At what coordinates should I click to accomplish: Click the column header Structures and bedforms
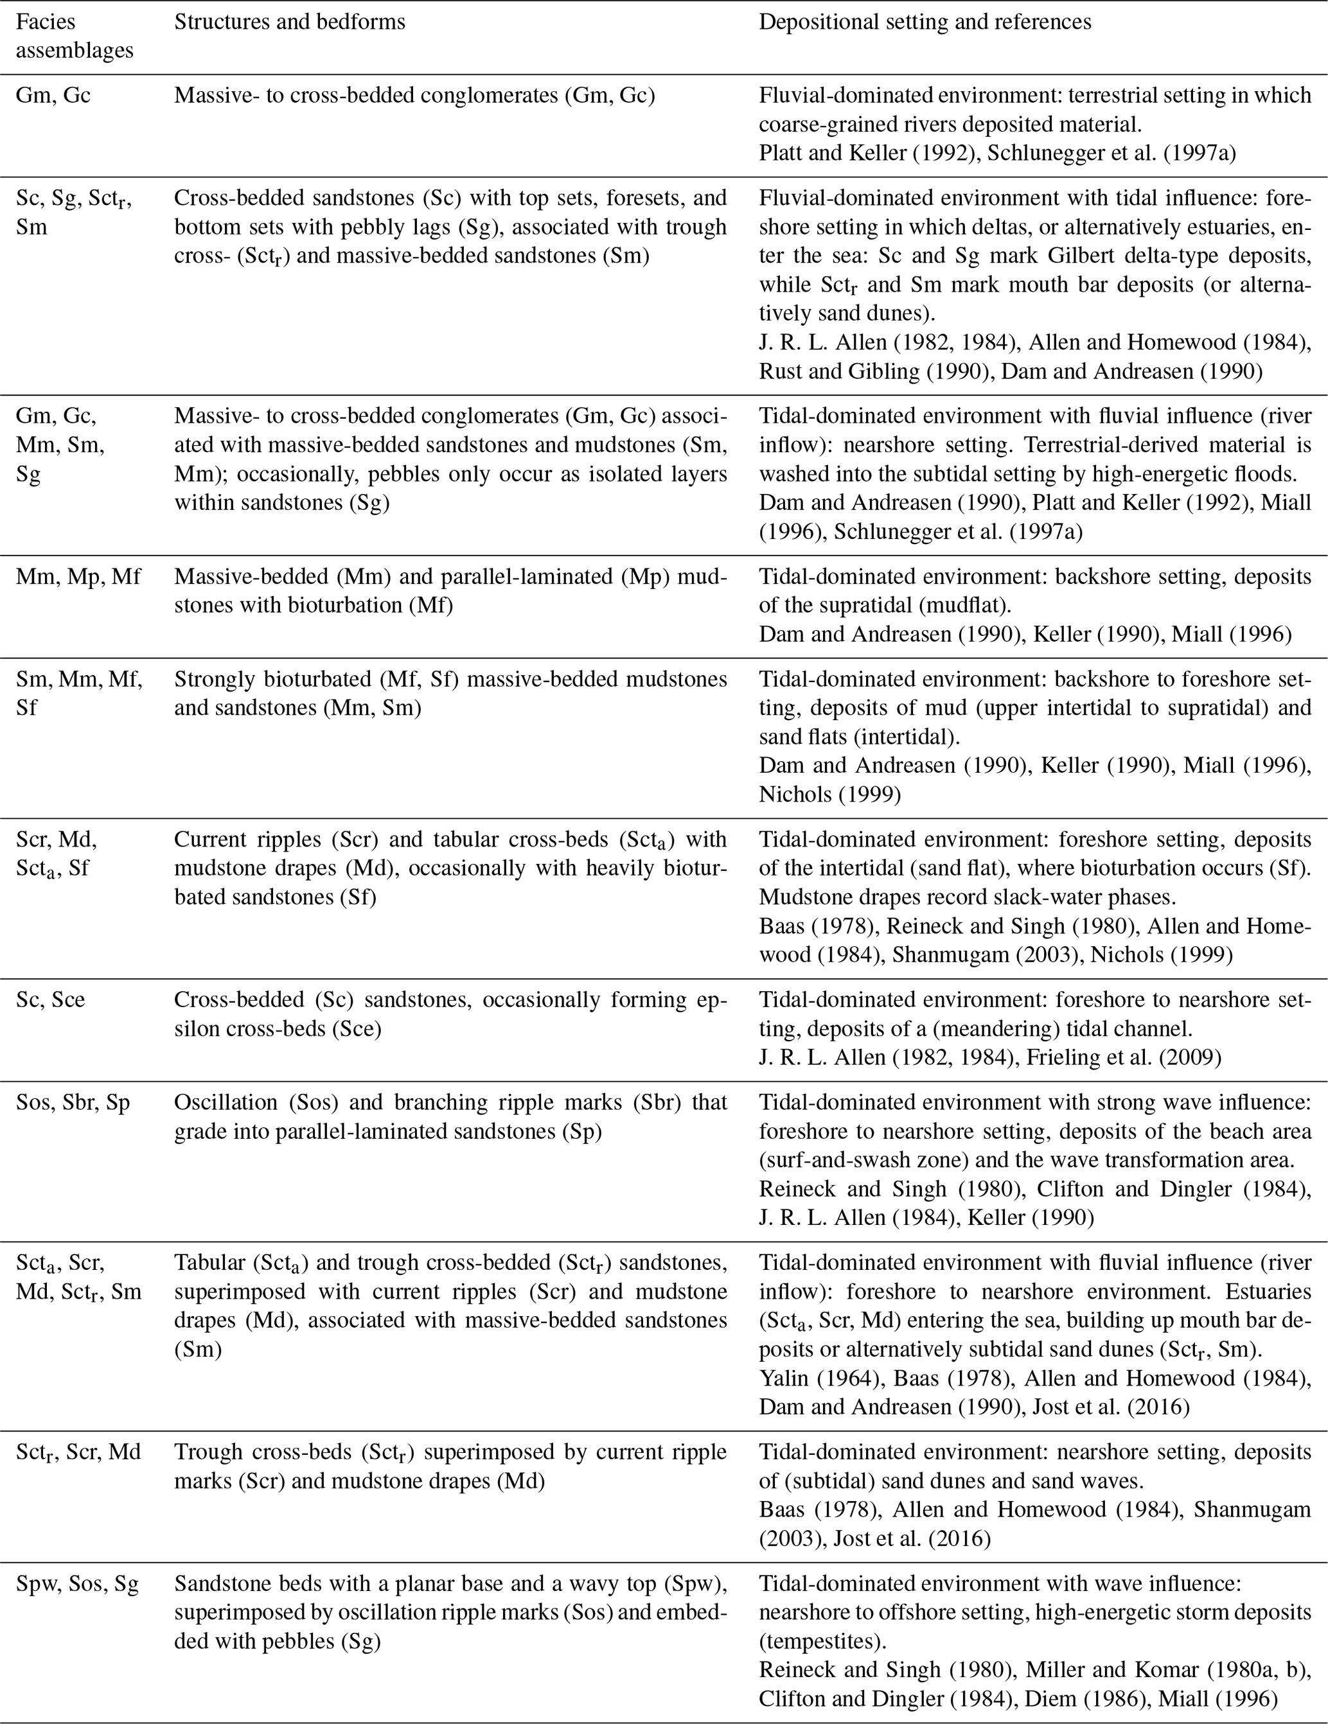(289, 22)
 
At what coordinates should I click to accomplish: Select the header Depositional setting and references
(925, 22)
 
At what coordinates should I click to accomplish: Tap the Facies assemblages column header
(75, 37)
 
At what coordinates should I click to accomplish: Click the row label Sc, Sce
(51, 999)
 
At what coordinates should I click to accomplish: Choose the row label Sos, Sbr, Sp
(73, 1102)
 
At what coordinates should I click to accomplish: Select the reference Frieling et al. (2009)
(1124, 1057)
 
